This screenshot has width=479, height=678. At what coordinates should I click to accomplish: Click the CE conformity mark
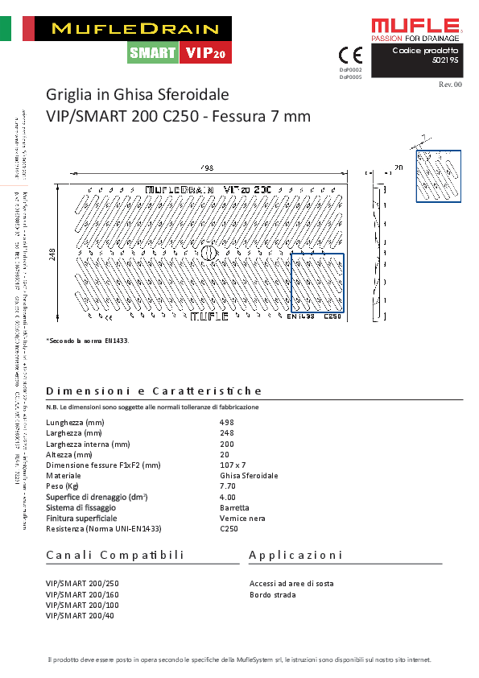350,55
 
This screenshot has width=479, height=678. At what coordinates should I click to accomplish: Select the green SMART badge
153,53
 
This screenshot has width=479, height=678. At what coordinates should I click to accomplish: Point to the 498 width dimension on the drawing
207,167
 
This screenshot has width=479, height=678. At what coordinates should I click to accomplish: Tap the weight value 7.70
228,486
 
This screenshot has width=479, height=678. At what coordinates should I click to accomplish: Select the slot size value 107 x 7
233,465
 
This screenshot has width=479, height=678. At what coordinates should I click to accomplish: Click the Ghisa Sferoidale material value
249,476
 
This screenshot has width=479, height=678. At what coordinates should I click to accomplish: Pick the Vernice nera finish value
242,519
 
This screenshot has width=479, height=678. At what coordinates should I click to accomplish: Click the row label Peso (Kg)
63,486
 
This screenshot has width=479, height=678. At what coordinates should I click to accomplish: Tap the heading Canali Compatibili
115,555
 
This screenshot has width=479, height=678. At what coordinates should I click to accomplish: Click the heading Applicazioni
296,555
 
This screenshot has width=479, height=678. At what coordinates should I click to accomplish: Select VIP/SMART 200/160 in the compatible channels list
82,594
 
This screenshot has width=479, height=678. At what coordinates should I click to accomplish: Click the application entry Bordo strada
273,595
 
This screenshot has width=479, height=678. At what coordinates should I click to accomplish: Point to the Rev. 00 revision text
450,84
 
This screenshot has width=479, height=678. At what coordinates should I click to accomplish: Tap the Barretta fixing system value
234,508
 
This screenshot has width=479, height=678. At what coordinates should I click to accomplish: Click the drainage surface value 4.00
228,497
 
